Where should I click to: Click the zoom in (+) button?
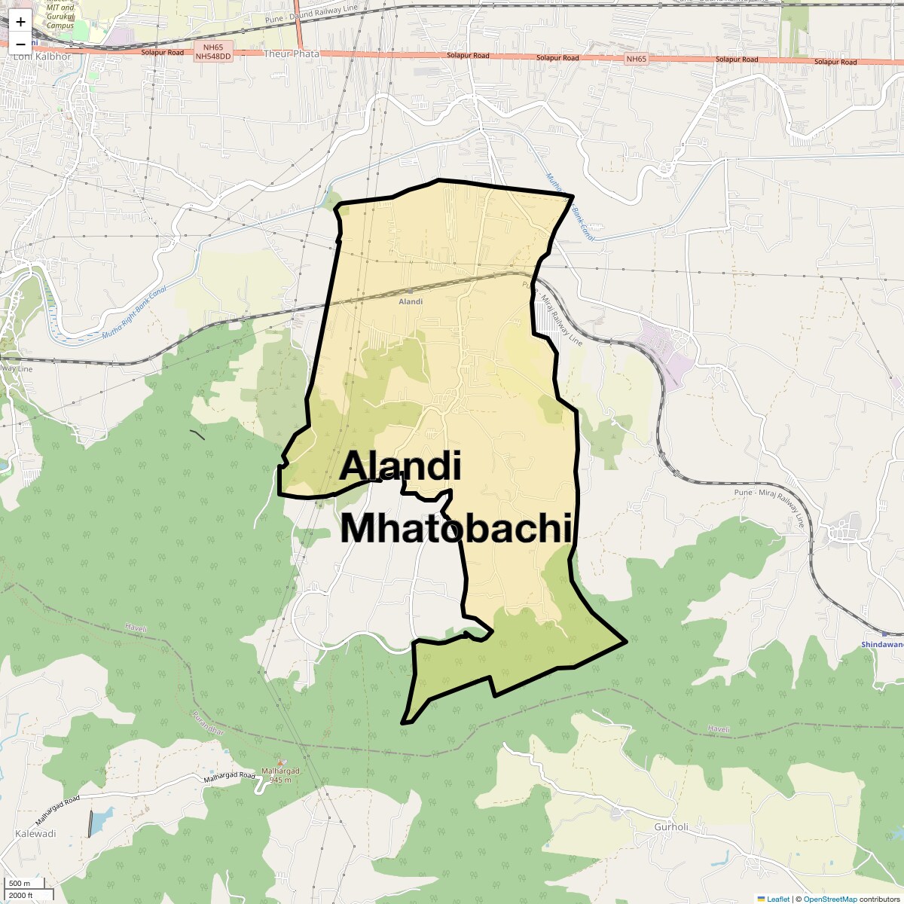pyautogui.click(x=20, y=22)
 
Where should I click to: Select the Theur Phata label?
pyautogui.click(x=291, y=54)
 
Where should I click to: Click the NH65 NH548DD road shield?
pyautogui.click(x=213, y=52)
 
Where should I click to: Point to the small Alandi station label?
pyautogui.click(x=411, y=301)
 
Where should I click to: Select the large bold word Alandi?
pyautogui.click(x=400, y=466)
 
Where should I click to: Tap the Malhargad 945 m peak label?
pyautogui.click(x=280, y=775)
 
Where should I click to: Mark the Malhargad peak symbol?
pyautogui.click(x=281, y=762)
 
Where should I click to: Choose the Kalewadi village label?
pyautogui.click(x=35, y=834)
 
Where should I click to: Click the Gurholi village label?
pyautogui.click(x=670, y=826)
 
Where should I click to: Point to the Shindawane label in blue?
pyautogui.click(x=882, y=644)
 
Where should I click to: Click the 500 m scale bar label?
pyautogui.click(x=20, y=884)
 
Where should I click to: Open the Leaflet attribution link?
pyautogui.click(x=777, y=899)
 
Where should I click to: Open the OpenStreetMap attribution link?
pyautogui.click(x=829, y=899)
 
